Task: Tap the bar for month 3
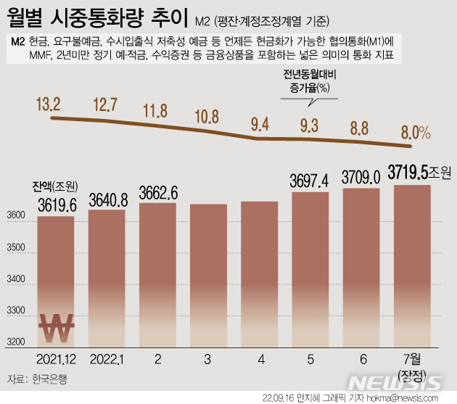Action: pos(208,276)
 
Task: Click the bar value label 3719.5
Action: pos(411,173)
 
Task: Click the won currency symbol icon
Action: pos(57,327)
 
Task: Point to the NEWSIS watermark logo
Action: pos(396,382)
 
